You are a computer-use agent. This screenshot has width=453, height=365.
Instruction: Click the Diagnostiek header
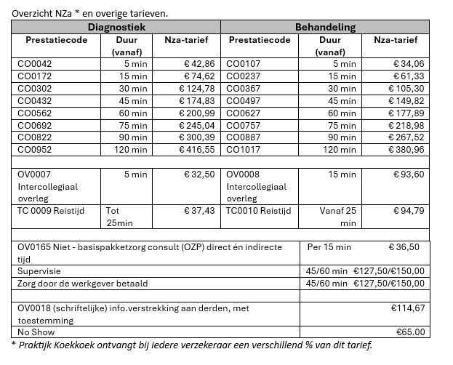[x=117, y=27]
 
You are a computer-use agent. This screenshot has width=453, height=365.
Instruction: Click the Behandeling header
[x=325, y=27]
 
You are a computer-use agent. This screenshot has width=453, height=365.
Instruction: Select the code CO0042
[x=35, y=64]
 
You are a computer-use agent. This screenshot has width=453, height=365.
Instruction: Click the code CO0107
[x=244, y=64]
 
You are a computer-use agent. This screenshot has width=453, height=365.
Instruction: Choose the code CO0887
[x=244, y=137]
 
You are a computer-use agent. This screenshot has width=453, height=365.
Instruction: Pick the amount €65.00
[x=406, y=331]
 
